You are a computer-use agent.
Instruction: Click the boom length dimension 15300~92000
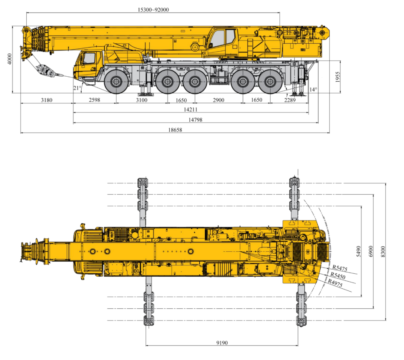tap(153, 10)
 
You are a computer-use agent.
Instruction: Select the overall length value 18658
tap(175, 130)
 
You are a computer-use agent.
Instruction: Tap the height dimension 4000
tap(10, 59)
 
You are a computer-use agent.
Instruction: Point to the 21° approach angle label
tap(77, 88)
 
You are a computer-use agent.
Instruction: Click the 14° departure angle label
tap(313, 90)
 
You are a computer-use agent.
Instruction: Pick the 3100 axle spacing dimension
tap(142, 100)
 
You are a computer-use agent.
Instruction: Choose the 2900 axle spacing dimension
tap(218, 100)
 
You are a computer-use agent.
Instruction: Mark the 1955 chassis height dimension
tap(338, 77)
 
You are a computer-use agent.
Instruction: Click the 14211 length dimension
tap(191, 110)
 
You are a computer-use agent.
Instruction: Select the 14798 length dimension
tap(195, 120)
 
